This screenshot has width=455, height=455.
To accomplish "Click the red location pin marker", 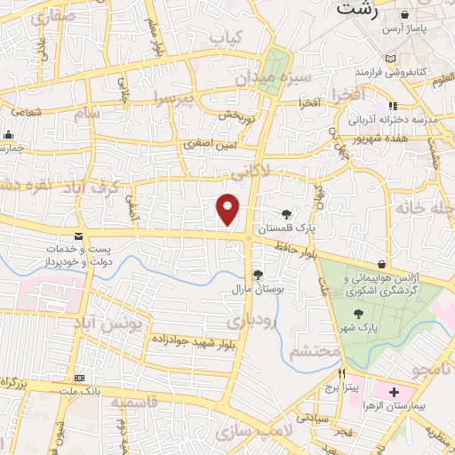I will pos(228,208).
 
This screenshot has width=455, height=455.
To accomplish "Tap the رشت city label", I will pos(355,11).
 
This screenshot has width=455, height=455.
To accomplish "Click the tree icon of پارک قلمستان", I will pos(286,214).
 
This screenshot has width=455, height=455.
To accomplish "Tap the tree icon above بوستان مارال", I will pos(258,275).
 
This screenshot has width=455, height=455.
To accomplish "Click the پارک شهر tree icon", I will pos(357,314).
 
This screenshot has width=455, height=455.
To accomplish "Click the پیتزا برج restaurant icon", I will pos(329,373).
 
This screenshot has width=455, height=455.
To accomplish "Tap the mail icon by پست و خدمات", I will pos(79,236).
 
